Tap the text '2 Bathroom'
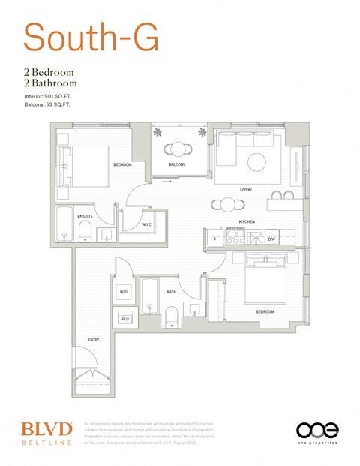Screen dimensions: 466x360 50,83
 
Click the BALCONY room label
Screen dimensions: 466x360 176,164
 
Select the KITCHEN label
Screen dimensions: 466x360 247,222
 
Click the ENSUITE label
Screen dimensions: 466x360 85,216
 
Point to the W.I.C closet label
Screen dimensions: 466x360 148,224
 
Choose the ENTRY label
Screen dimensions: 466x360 93,340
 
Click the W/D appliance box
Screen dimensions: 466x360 124,293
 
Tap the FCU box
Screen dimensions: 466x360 124,319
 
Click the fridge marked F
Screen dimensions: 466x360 215,239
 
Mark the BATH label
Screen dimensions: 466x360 172,292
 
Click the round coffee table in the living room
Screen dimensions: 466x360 256,163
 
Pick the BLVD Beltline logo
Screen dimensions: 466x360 46,433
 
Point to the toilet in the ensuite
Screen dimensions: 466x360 85,231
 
